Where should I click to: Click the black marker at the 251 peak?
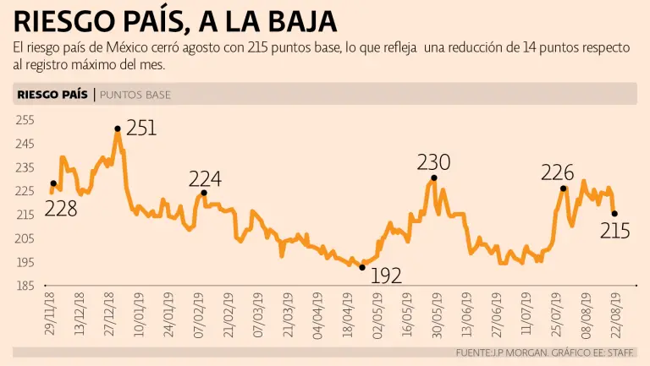118,128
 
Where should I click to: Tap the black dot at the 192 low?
362,267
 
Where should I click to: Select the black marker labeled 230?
433,178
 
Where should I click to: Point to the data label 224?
205,179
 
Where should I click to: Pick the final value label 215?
615,229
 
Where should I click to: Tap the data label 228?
61,208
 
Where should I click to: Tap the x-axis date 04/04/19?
317,313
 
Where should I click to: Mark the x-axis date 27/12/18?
111,313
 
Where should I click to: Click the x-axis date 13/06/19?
467,313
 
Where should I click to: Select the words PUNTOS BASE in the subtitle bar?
135,95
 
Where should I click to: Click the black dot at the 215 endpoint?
614,214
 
